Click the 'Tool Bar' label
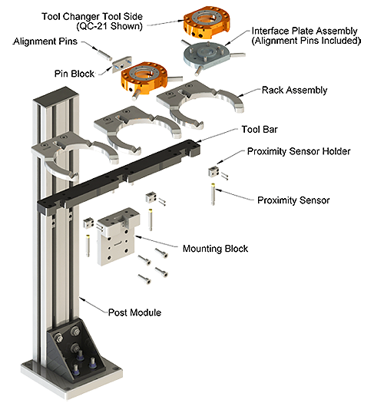tap(260, 129)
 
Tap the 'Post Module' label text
tap(134, 312)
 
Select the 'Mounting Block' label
tap(215, 249)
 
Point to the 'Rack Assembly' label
tap(294, 91)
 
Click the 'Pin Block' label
tap(74, 74)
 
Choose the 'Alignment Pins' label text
tap(45, 41)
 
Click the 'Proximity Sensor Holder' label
tap(299, 151)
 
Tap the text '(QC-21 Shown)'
tap(109, 26)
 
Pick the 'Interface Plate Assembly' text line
tap(305, 31)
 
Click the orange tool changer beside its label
tap(207, 22)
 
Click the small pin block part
tap(122, 64)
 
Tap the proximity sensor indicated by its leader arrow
tap(214, 194)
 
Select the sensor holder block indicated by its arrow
tap(214, 172)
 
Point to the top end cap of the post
tap(56, 96)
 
